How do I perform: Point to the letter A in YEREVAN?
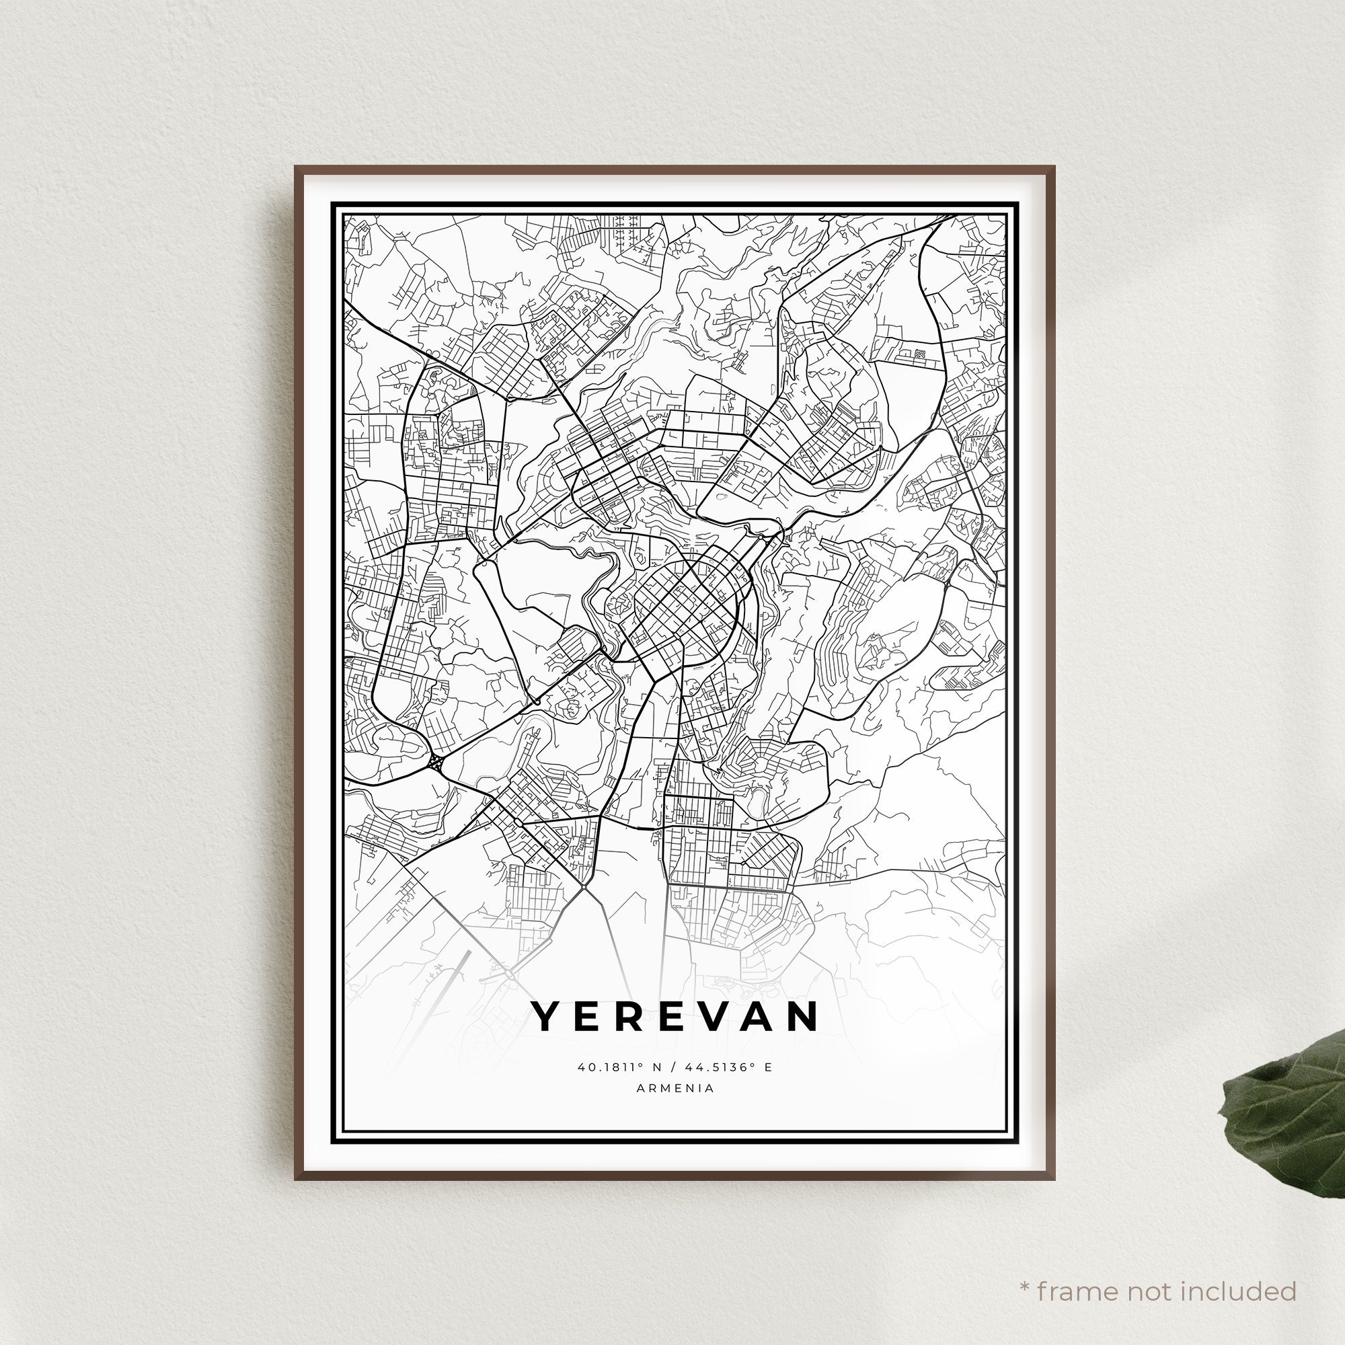[x=759, y=1017]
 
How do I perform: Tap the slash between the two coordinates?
[x=672, y=1067]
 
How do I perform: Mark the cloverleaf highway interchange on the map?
[x=436, y=763]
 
